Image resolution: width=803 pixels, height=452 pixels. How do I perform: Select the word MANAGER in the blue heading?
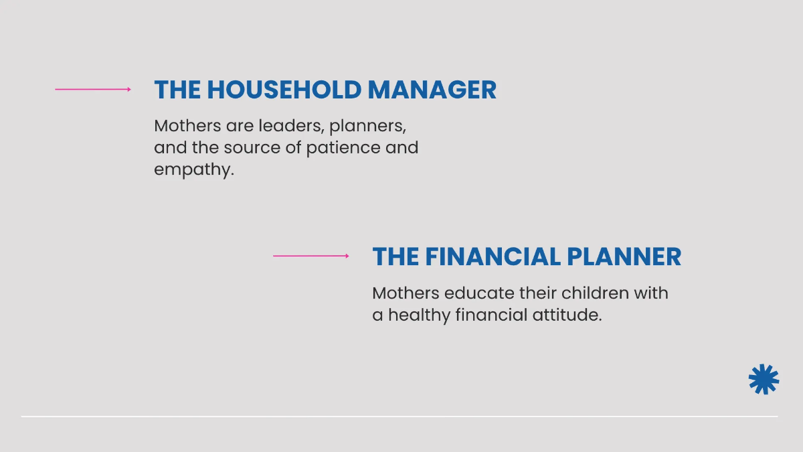[432, 90]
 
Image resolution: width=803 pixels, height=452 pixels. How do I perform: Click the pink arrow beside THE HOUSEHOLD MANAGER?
[93, 89]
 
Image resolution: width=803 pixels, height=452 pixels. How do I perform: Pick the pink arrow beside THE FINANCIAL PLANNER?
[311, 256]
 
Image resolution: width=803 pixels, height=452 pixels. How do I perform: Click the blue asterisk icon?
[764, 379]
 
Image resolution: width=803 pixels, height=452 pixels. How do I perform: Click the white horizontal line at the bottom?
[399, 417]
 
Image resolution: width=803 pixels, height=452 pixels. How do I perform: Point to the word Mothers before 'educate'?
[405, 293]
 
